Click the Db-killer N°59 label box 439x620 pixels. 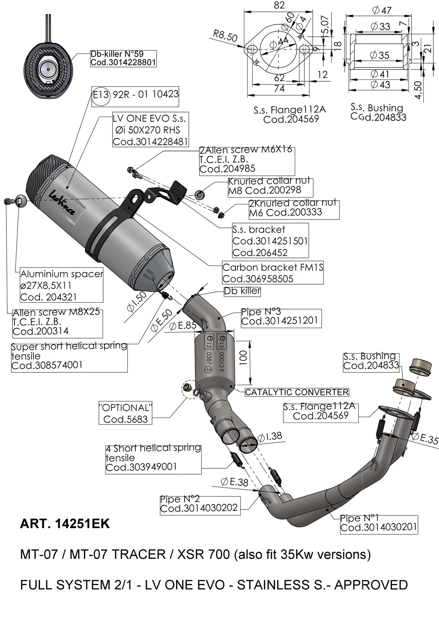pos(123,59)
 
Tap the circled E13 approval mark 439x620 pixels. pos(101,95)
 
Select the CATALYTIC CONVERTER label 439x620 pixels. pos(297,392)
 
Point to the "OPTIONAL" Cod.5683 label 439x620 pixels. pos(126,413)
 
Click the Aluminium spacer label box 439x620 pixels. pos(62,285)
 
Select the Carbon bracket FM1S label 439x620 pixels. pos(273,273)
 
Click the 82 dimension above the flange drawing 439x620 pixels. pos(279,5)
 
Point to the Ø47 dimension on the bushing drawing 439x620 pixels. pos(382,11)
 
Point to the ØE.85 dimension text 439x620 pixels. pos(183,326)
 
